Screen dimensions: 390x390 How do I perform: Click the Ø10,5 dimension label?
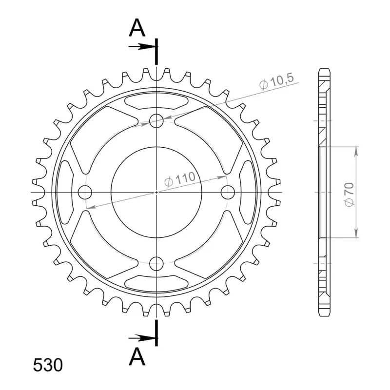pyautogui.click(x=276, y=81)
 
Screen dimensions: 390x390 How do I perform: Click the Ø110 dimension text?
pyautogui.click(x=179, y=179)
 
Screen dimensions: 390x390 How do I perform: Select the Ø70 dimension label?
pyautogui.click(x=350, y=195)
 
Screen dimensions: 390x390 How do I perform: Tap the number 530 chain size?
pyautogui.click(x=48, y=365)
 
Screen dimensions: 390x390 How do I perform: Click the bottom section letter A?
pyautogui.click(x=137, y=356)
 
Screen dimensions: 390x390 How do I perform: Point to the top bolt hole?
pyautogui.click(x=156, y=120)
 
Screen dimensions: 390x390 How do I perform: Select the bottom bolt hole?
pyautogui.click(x=156, y=264)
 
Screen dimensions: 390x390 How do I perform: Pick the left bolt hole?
pyautogui.click(x=85, y=192)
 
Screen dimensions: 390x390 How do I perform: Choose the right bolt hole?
pyautogui.click(x=228, y=192)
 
